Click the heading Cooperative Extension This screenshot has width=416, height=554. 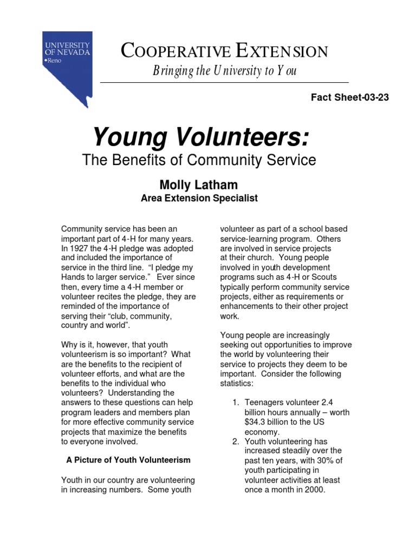click(224, 51)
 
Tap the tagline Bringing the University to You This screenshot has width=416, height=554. click(224, 71)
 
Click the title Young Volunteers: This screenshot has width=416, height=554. click(201, 137)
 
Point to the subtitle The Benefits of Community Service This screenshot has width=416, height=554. click(198, 160)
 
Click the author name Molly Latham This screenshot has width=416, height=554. click(198, 185)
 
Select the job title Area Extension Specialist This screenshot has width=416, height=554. click(199, 199)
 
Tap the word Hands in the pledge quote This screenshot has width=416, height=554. click(73, 278)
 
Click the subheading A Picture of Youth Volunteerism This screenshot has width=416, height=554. click(128, 460)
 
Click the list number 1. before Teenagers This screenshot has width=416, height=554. click(236, 403)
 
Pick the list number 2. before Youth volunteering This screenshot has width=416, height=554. click(236, 441)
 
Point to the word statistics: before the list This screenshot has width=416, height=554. click(237, 384)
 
